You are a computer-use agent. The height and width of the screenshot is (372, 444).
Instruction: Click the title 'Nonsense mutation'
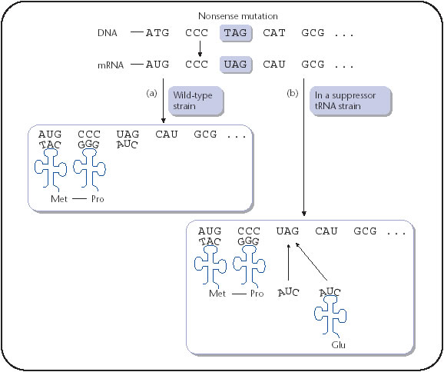tap(238, 16)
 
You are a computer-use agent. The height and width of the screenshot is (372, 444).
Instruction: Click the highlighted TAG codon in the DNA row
tap(236, 33)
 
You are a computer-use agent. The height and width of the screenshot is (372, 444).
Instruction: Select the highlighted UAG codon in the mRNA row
tap(236, 65)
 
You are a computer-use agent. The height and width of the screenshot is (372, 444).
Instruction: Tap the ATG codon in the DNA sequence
tap(157, 33)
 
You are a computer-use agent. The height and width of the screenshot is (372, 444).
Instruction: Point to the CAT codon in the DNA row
tap(273, 33)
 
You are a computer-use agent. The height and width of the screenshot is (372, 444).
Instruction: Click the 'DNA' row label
tap(107, 33)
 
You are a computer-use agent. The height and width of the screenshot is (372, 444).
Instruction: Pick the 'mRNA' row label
tap(111, 65)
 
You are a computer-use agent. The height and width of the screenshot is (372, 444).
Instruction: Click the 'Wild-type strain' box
tap(196, 101)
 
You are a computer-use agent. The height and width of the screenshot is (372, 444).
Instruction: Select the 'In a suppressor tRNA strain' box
tap(350, 101)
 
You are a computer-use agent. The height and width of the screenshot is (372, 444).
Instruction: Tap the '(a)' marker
tap(151, 93)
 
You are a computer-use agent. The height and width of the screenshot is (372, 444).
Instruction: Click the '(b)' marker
tap(293, 93)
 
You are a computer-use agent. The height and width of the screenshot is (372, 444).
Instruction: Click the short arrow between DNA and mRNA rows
tap(200, 48)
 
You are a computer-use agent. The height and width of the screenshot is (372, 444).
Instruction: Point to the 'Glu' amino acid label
tap(339, 345)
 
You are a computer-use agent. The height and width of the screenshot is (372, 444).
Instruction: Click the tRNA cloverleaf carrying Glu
tap(329, 314)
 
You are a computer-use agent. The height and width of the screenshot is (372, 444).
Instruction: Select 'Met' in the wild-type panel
tap(59, 199)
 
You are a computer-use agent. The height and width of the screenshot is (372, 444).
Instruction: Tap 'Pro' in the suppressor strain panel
tap(257, 294)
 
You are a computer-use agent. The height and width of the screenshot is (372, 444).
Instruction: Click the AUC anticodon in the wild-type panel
tap(128, 144)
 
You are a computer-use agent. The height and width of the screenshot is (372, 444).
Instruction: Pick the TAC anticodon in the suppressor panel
tap(210, 241)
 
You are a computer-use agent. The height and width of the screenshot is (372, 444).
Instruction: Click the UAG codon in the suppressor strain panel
tap(287, 231)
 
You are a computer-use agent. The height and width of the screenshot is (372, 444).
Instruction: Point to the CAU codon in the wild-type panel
tap(167, 134)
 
